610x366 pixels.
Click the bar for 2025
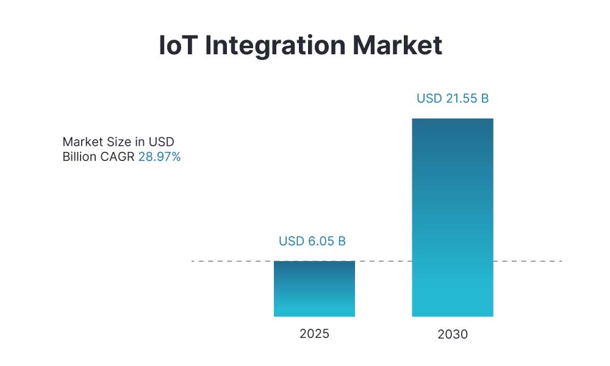click(314, 289)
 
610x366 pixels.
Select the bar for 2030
click(452, 217)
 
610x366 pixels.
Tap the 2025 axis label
click(314, 334)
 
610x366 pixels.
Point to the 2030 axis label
click(452, 334)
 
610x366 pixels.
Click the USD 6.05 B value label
click(312, 241)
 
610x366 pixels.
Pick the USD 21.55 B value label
click(453, 98)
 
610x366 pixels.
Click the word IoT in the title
click(178, 46)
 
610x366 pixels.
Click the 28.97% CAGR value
click(159, 157)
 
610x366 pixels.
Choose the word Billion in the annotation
click(79, 157)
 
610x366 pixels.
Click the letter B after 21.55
click(485, 98)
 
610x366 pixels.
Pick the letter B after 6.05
click(342, 241)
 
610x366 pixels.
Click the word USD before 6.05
click(290, 241)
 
